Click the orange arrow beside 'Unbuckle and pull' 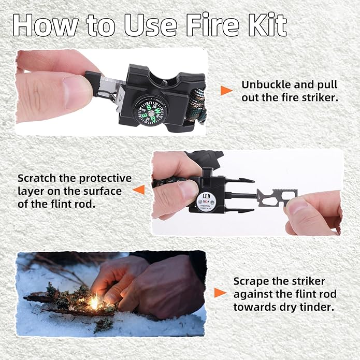click(x=226, y=91)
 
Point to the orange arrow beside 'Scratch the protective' click(x=138, y=190)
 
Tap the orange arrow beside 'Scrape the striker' click(x=220, y=293)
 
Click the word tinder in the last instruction click(x=316, y=307)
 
